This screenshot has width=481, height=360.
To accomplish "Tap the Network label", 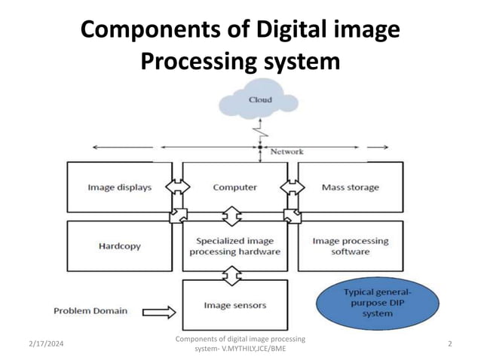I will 286,151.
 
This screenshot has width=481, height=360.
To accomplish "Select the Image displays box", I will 120,188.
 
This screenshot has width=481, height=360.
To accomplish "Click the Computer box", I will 234,188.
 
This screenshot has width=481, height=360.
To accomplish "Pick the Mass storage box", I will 350,188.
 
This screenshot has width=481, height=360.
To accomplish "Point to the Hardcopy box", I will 120,246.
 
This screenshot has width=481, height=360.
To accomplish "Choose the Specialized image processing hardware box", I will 234,246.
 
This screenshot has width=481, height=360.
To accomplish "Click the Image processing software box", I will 350,246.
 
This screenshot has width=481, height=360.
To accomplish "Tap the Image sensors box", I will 234,306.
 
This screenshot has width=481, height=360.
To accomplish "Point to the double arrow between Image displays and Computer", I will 179,187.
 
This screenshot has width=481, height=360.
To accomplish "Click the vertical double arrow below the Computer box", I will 234,216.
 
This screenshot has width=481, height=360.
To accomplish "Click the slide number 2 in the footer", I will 449,343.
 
